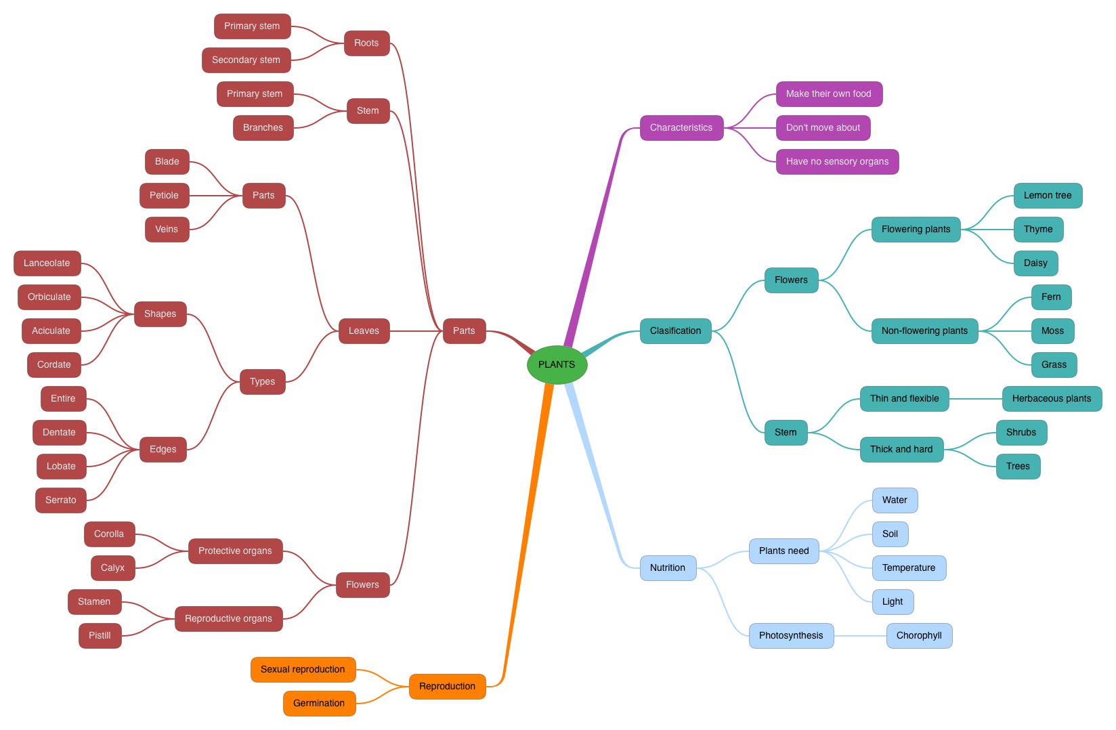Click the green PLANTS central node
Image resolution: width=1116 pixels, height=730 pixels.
click(557, 365)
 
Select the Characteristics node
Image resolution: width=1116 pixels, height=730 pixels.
click(681, 128)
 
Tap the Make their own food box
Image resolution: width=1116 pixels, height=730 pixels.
click(829, 94)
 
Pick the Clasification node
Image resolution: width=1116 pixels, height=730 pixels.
click(675, 331)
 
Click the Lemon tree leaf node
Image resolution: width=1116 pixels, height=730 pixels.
click(1048, 196)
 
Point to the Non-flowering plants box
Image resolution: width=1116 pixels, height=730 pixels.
click(924, 331)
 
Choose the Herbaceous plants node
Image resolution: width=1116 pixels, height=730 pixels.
click(1052, 399)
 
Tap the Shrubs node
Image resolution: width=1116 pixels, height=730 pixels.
click(1021, 433)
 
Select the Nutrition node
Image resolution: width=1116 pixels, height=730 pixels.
click(668, 568)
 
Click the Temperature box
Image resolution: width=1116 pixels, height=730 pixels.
click(909, 568)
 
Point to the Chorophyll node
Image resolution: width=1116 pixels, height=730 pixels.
click(919, 636)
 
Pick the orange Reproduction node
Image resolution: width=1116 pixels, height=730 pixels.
click(447, 687)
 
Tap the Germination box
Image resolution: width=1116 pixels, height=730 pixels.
click(319, 704)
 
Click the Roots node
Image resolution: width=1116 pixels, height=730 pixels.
click(366, 43)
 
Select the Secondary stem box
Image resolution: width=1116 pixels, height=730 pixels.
click(246, 60)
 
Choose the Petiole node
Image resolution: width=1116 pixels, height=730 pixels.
click(164, 196)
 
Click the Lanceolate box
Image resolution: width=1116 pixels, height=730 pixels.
click(47, 263)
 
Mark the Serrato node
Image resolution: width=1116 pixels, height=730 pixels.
click(61, 500)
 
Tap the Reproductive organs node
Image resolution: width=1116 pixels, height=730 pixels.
click(228, 619)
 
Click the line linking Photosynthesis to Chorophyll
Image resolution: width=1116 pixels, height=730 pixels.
click(860, 636)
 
